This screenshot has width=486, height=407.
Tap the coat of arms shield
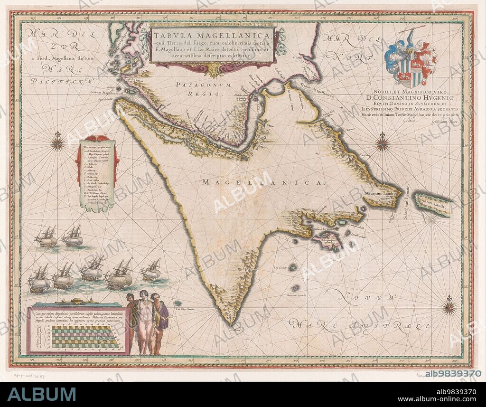point(411,62)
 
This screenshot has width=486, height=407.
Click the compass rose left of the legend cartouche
point(58,141)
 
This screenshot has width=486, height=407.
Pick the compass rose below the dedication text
point(383,142)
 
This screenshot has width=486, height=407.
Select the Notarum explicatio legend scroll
point(97,173)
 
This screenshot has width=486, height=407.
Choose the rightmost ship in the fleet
point(151,271)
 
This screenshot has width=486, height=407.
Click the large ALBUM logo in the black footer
point(42,394)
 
